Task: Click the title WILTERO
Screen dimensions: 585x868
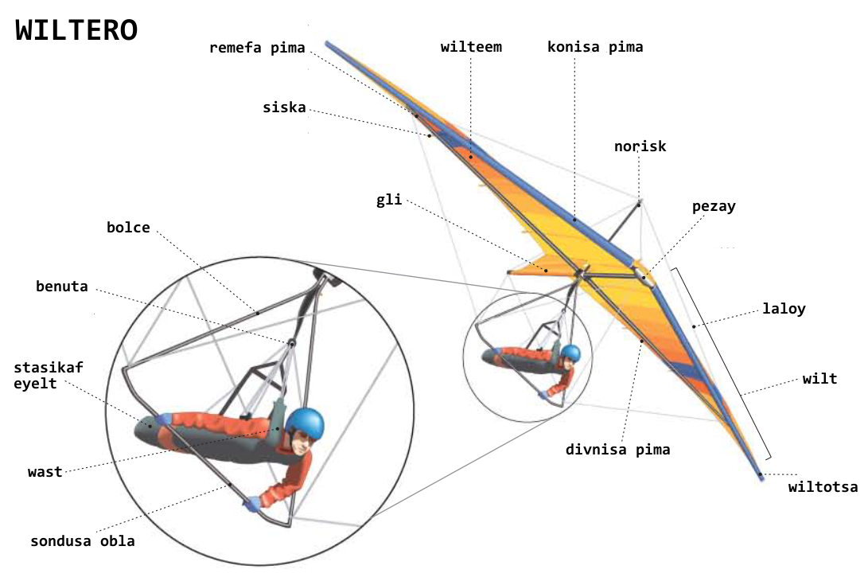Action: (76, 30)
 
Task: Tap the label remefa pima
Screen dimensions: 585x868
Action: (257, 48)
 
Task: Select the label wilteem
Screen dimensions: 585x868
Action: (471, 47)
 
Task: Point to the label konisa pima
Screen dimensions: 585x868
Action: (595, 47)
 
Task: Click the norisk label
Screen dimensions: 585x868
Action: (640, 146)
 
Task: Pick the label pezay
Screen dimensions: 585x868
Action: (714, 207)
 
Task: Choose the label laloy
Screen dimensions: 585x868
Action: (784, 309)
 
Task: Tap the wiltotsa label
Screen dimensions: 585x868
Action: (823, 487)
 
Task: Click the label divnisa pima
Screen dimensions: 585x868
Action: (617, 450)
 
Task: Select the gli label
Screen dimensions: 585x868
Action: (390, 200)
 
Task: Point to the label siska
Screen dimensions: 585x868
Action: (284, 107)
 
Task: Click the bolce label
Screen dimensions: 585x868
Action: (128, 228)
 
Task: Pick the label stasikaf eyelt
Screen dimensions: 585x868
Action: (49, 375)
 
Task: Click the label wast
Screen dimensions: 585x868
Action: (45, 472)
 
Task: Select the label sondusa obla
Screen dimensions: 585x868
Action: (83, 541)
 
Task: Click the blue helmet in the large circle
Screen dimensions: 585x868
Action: (306, 423)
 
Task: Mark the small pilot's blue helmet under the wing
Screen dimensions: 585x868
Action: (570, 353)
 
